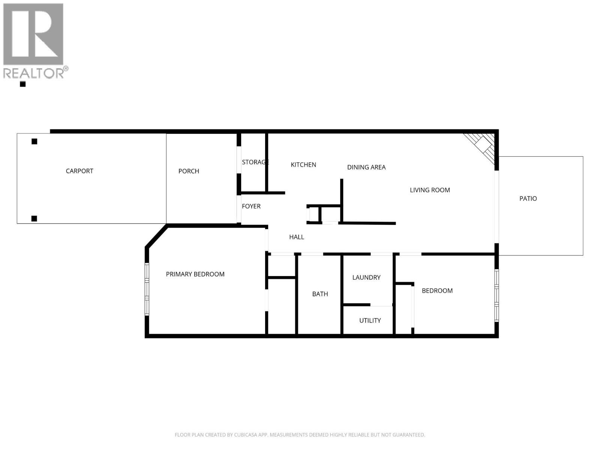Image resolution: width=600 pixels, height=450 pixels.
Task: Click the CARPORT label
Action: [x=79, y=171]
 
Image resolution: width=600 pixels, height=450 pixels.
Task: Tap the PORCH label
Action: [x=189, y=171]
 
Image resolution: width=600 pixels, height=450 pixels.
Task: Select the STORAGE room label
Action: [x=255, y=162]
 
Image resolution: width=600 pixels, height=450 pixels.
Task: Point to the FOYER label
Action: [x=251, y=206]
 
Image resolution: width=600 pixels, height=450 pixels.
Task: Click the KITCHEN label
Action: [x=303, y=165]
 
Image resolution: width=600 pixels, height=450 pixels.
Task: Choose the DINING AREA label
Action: [x=366, y=167]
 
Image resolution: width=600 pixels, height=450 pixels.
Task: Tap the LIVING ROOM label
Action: [x=430, y=190]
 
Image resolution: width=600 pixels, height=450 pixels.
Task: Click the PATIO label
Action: [x=528, y=199]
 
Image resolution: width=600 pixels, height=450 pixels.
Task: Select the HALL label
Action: [x=296, y=237]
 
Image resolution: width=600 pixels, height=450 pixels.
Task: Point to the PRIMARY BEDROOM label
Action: [x=195, y=274]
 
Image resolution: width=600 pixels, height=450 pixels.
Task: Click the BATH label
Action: [x=320, y=294]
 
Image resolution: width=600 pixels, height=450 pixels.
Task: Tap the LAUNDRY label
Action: [x=366, y=277]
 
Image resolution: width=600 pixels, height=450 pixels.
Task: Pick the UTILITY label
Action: [x=370, y=321]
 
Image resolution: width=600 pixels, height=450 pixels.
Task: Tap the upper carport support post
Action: [x=34, y=141]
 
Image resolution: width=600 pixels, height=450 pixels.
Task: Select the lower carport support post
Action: [x=34, y=219]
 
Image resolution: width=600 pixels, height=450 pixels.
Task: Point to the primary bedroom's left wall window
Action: [x=147, y=289]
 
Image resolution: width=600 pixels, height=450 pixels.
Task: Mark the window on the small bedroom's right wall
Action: [x=496, y=295]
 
